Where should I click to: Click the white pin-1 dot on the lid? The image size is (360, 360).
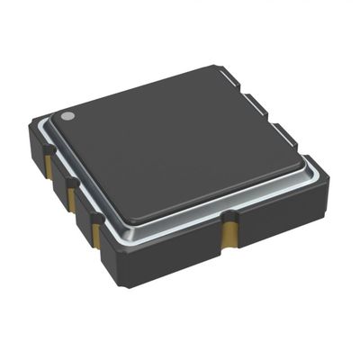tap(67, 116)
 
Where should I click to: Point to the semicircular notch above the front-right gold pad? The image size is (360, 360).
tap(231, 216)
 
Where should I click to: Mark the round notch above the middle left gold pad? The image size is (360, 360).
tap(70, 183)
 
